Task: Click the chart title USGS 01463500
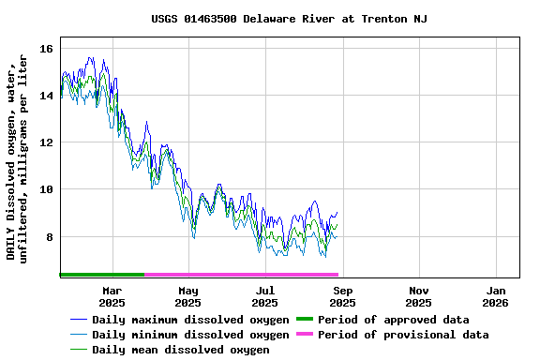(289, 19)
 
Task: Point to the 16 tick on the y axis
(46, 49)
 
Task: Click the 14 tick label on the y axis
(46, 96)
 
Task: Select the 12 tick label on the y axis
(46, 142)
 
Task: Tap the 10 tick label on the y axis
(46, 189)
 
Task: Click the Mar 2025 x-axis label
(112, 296)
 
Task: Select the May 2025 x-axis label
(188, 296)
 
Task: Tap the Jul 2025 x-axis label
(265, 296)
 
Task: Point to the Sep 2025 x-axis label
(342, 296)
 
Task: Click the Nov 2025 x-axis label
(419, 296)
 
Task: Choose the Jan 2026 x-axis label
(496, 296)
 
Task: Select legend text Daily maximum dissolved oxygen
(190, 320)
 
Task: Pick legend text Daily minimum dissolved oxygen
(190, 335)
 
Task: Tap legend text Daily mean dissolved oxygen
(181, 350)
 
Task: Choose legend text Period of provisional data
(403, 335)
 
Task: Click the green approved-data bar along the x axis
(101, 275)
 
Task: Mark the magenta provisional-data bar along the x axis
(241, 275)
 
